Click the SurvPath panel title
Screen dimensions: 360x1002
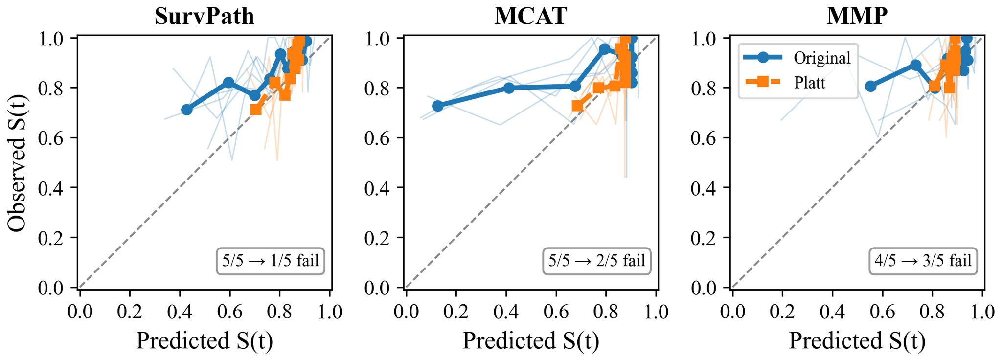pyautogui.click(x=205, y=16)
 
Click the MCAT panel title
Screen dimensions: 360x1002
pyautogui.click(x=531, y=16)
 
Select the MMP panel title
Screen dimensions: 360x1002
pyautogui.click(x=857, y=16)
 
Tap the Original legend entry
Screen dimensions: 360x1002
pyautogui.click(x=822, y=58)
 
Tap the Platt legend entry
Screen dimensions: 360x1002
pyautogui.click(x=809, y=83)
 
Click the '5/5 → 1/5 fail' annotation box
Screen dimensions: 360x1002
pyautogui.click(x=271, y=261)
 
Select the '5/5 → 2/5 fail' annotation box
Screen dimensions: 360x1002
pyautogui.click(x=596, y=261)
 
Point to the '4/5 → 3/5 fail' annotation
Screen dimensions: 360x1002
pyautogui.click(x=923, y=261)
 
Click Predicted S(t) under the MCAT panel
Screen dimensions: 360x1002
pyautogui.click(x=531, y=341)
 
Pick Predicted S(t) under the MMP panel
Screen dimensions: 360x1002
pyautogui.click(x=857, y=341)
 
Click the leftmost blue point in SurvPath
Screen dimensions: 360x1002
pyautogui.click(x=186, y=110)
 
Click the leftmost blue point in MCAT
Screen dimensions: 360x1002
pyautogui.click(x=438, y=106)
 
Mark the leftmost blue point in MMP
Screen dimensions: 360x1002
pyautogui.click(x=870, y=86)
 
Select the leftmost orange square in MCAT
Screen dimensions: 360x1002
pyautogui.click(x=577, y=106)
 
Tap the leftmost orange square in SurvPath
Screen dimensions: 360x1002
pyautogui.click(x=256, y=110)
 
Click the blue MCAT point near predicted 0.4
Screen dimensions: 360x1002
pyautogui.click(x=509, y=88)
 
